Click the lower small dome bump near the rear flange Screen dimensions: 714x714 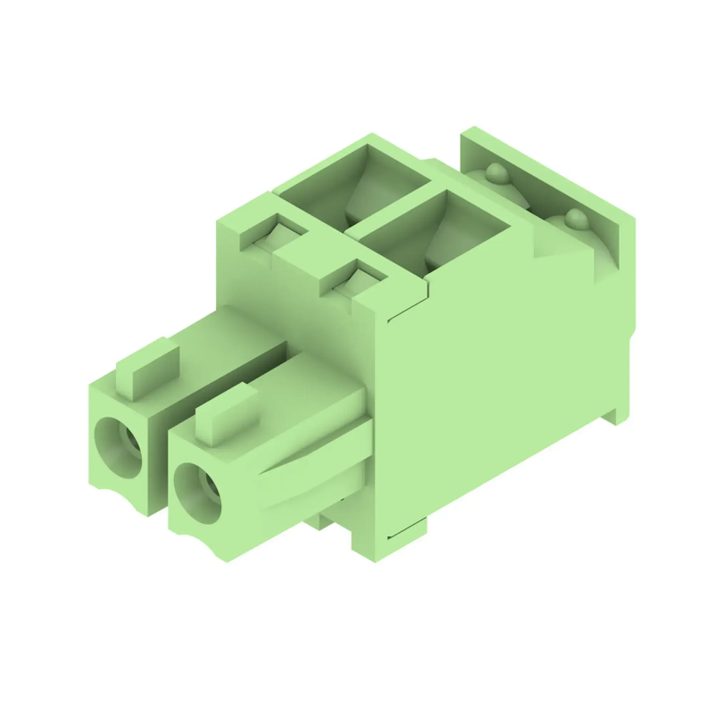click(x=575, y=218)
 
